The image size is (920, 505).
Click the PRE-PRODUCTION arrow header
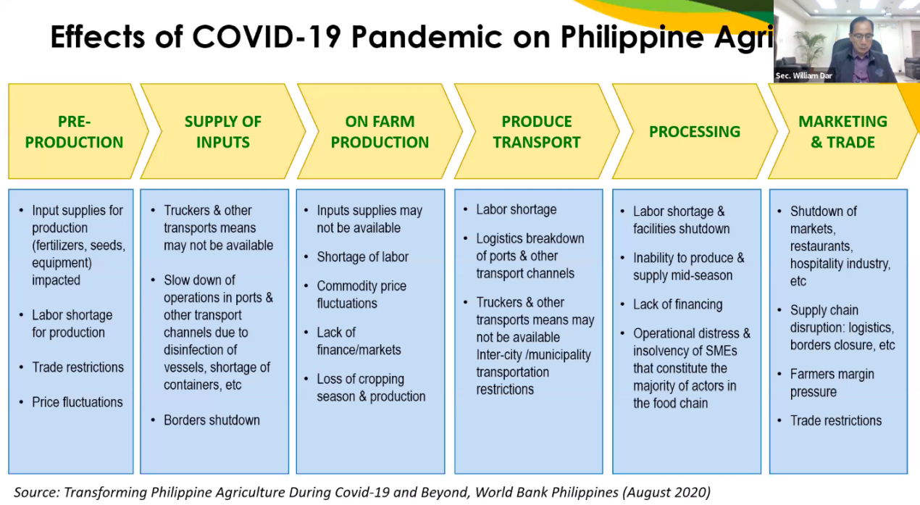pos(74,131)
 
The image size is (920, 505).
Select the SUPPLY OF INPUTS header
pos(223,131)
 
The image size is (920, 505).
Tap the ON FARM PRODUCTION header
pos(380,131)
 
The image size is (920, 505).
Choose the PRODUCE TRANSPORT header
pos(537,131)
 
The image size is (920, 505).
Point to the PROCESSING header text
pos(695,131)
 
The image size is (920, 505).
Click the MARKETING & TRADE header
pos(842,131)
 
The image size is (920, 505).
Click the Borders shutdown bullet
pos(212,420)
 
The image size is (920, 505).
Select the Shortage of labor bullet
pos(362,256)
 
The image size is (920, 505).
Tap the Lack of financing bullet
pos(677,304)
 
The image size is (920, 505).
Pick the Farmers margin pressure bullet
pos(832,383)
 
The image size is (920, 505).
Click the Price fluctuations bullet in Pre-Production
pos(78,402)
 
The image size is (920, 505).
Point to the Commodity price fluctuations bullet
pos(361,294)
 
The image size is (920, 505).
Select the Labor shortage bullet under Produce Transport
pos(517,209)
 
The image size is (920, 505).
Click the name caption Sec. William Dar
pos(803,75)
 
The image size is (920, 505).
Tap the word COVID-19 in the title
pos(267,37)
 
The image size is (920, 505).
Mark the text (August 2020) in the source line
pos(666,492)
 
